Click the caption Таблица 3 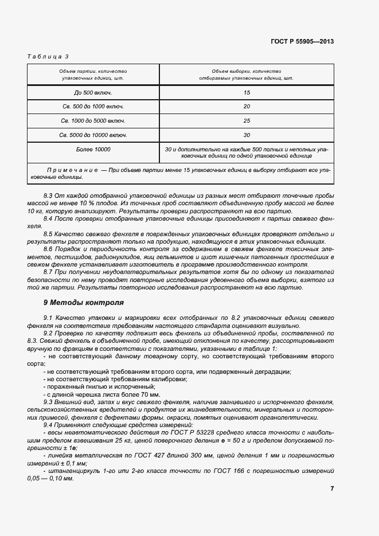(48, 56)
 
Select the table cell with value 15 (247, 92)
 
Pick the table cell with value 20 (247, 107)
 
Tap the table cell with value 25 (247, 121)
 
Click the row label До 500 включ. (92, 92)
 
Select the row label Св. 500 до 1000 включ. (92, 107)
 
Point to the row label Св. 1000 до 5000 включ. (92, 121)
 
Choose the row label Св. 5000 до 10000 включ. (92, 135)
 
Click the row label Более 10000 (92, 149)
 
